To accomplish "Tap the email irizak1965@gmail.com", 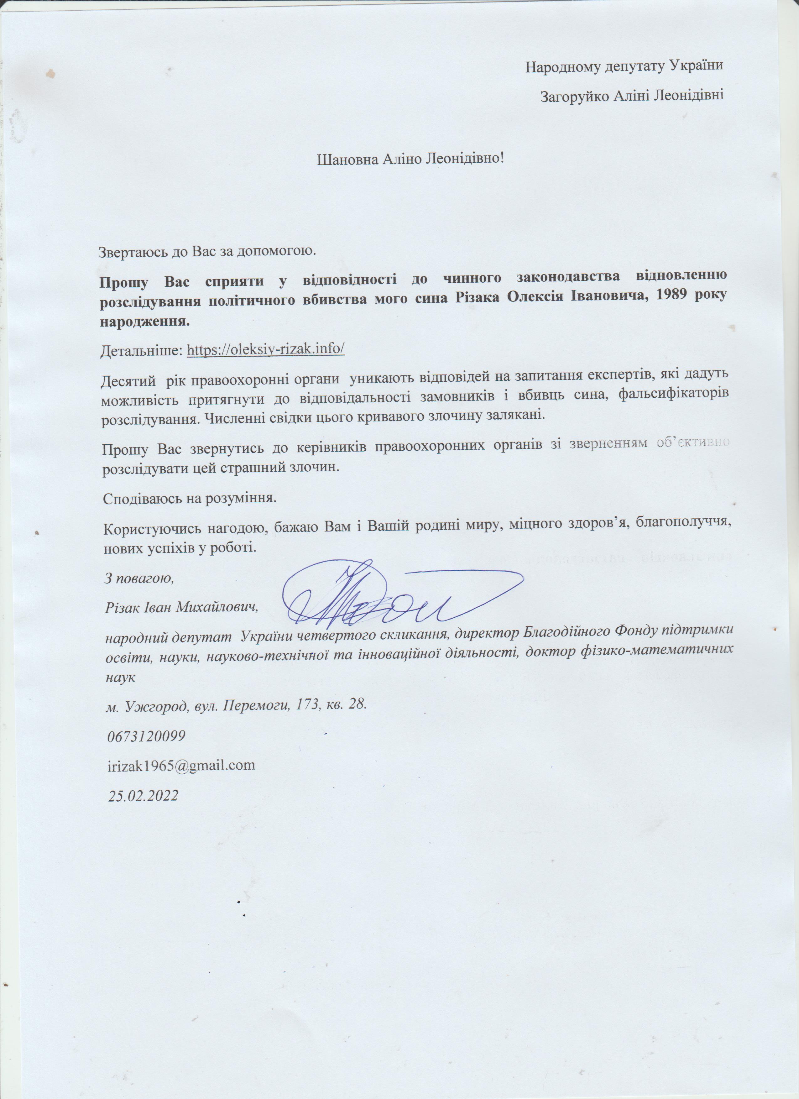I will tap(181, 765).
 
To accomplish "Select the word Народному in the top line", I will tap(562, 66).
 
